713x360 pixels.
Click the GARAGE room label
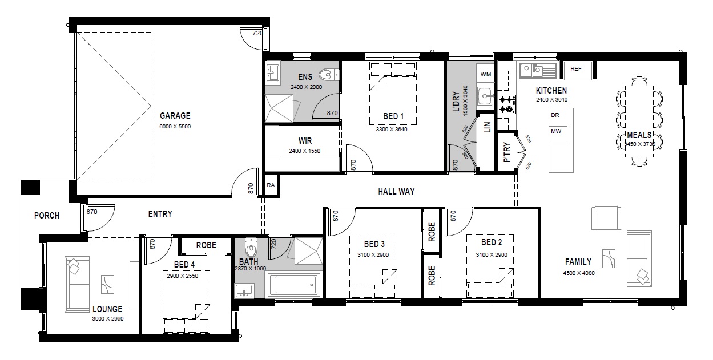click(x=175, y=115)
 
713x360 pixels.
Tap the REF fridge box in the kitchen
click(x=578, y=70)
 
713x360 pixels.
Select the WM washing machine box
click(x=485, y=74)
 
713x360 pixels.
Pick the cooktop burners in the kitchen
click(x=507, y=104)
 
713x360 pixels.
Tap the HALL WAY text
click(x=396, y=192)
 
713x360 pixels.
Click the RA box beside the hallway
click(x=271, y=185)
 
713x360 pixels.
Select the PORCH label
click(x=47, y=216)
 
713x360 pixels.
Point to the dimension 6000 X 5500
click(x=175, y=126)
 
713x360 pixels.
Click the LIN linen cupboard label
click(x=488, y=127)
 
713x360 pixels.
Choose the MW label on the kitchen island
click(x=556, y=131)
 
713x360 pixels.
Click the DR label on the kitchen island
click(x=555, y=115)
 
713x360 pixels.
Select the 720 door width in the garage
click(x=257, y=33)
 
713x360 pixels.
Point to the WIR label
click(x=305, y=140)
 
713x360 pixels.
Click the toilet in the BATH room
click(x=251, y=248)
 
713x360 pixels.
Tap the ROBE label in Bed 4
click(x=206, y=245)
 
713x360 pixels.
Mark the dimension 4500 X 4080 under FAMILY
click(x=579, y=273)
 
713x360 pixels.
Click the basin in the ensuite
click(x=273, y=73)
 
